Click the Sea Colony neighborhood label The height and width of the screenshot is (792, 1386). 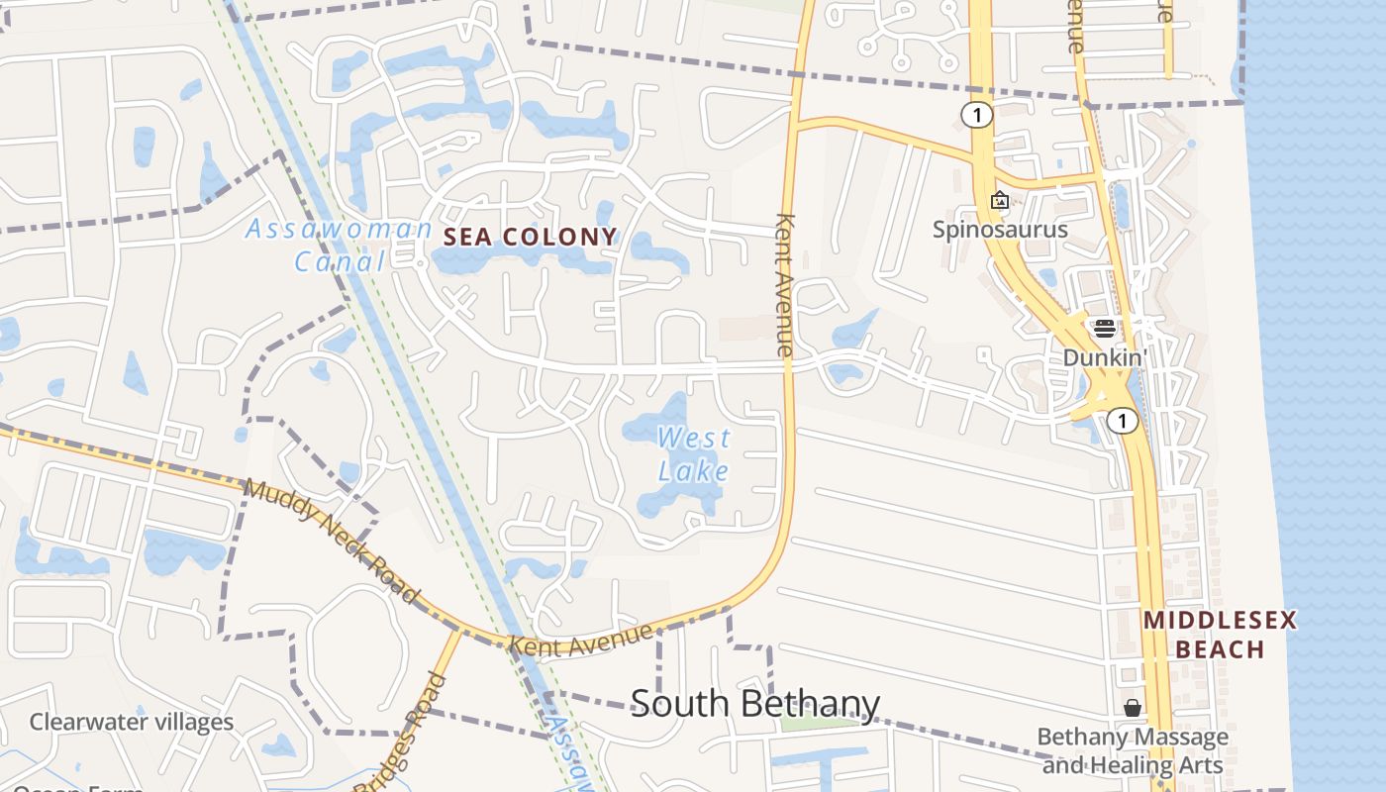[x=531, y=237]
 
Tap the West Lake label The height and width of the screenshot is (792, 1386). [x=693, y=453]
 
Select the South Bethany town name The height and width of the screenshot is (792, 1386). [x=754, y=704]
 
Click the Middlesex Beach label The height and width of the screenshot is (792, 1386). [x=1219, y=635]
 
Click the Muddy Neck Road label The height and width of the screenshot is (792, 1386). [x=331, y=541]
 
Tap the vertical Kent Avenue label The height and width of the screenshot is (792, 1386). [x=785, y=284]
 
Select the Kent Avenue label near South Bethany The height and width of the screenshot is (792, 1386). [x=581, y=640]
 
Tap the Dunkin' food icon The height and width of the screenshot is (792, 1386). [x=1105, y=329]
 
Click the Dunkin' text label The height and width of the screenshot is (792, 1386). [x=1105, y=357]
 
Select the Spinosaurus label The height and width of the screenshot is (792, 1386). [x=1000, y=230]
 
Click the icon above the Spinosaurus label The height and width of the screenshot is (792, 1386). [x=1000, y=201]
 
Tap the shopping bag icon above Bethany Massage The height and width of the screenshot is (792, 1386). [x=1133, y=708]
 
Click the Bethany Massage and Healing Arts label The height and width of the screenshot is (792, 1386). [x=1133, y=751]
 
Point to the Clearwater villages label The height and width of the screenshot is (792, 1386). [x=132, y=722]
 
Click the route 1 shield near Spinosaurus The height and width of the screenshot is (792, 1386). [x=976, y=116]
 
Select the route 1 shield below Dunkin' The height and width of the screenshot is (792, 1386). [x=1122, y=422]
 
